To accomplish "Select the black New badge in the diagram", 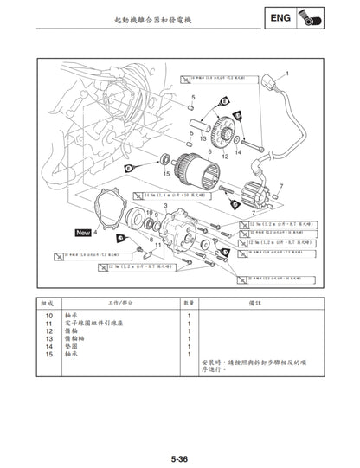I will click(84, 233).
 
